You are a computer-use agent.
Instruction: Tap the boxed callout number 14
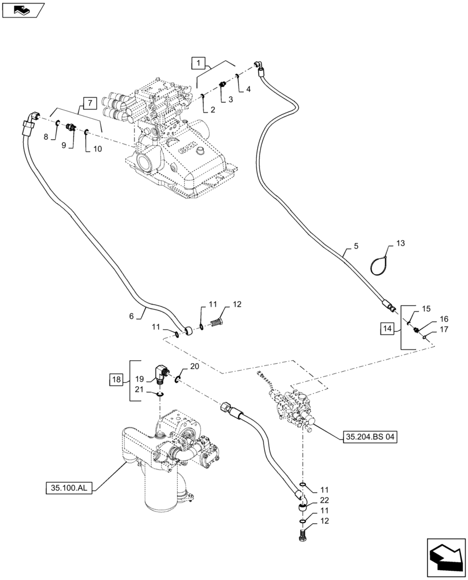pos(387,328)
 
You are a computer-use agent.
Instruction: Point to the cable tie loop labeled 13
pos(381,264)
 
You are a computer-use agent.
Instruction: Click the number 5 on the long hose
pos(356,245)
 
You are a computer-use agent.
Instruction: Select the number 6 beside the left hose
pos(131,316)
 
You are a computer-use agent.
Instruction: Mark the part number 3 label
pos(230,99)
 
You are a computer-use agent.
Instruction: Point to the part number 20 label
pos(195,367)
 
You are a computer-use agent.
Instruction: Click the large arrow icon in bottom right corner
pos(445,556)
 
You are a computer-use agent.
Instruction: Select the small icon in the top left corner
pos(22,9)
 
